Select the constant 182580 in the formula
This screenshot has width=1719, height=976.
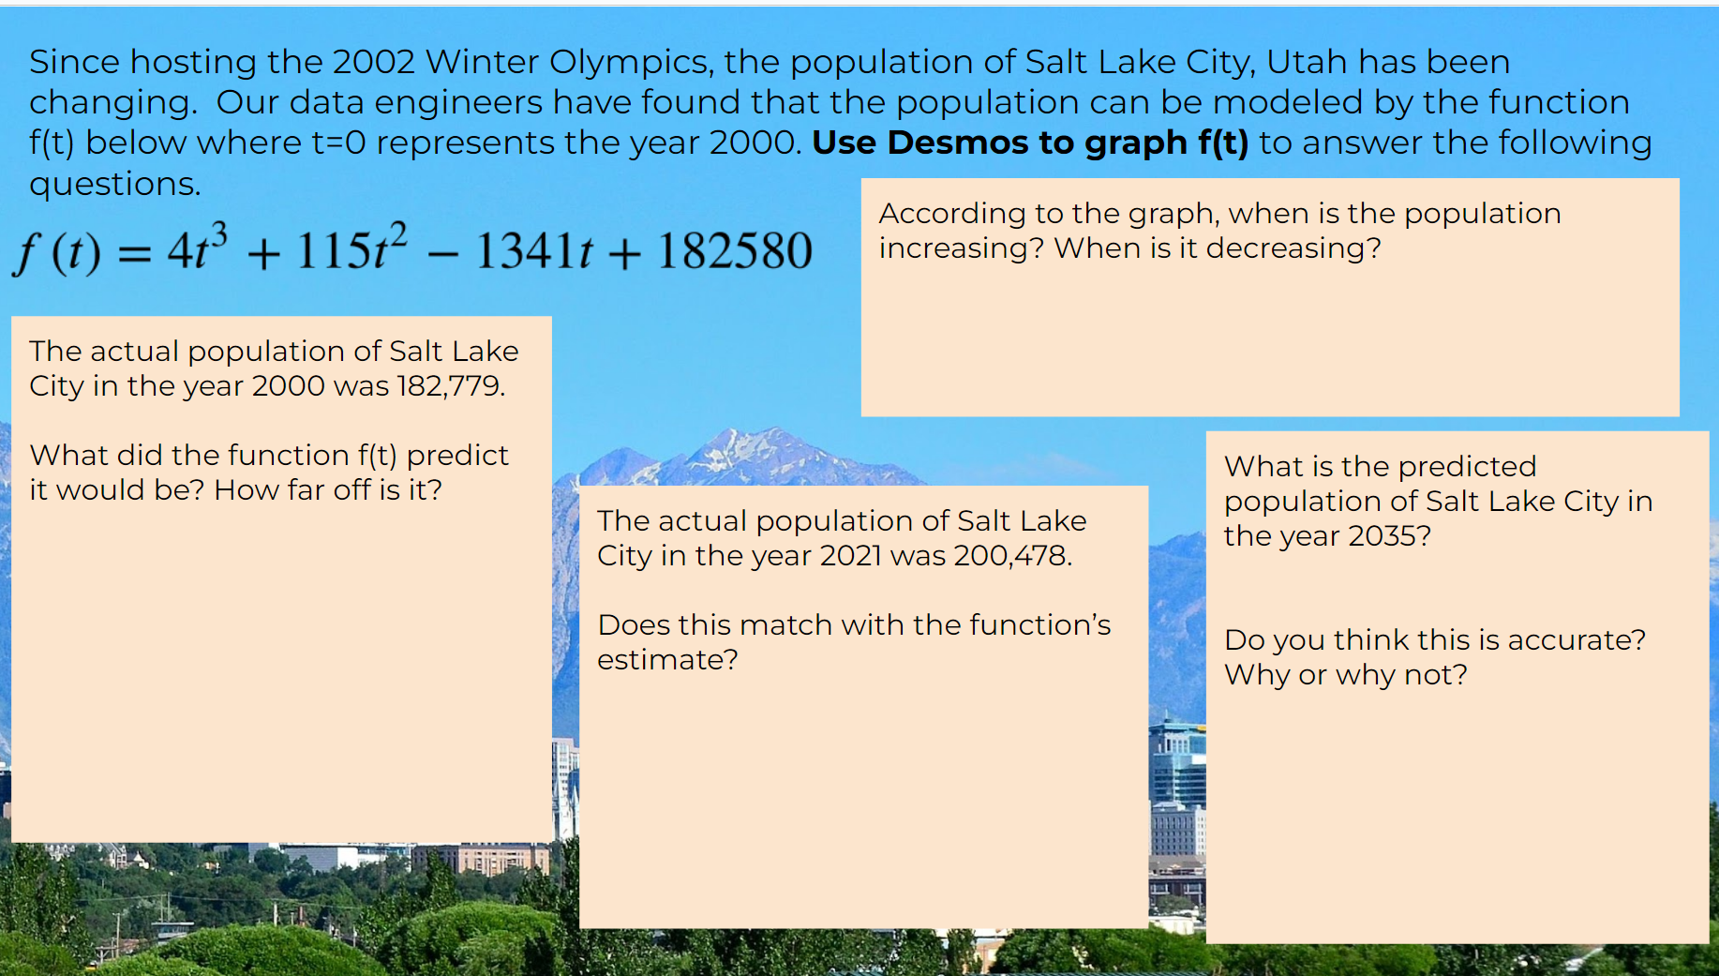click(734, 251)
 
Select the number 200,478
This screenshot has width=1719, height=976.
click(1012, 556)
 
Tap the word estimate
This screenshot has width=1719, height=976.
click(666, 660)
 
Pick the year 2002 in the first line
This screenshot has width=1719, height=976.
click(373, 63)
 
